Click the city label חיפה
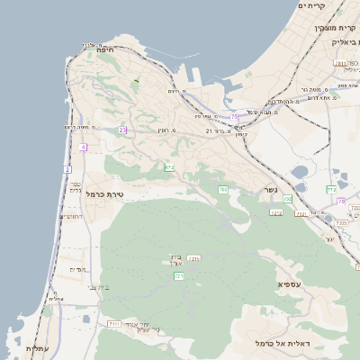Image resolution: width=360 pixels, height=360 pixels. pos(104,51)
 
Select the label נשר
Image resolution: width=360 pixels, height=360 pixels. pos(269,191)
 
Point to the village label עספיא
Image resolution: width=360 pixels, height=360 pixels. pos(289,283)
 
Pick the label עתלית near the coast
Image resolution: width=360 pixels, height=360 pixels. pos(37,348)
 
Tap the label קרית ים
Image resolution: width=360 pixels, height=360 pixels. pos(310,5)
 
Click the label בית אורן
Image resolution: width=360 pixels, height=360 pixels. pos(175,260)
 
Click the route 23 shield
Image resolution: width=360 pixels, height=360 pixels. pos(122,130)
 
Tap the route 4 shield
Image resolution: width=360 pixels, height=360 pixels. pos(83,147)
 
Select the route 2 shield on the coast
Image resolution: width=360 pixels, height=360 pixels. pos(67,169)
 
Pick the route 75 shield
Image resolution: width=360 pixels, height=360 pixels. pos(234,116)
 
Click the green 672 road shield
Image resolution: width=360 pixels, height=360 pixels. pos(169,167)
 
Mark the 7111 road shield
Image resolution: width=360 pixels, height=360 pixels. pos(114,322)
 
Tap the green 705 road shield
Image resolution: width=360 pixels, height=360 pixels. pos(222,189)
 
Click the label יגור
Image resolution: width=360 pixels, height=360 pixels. pos(330,239)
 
